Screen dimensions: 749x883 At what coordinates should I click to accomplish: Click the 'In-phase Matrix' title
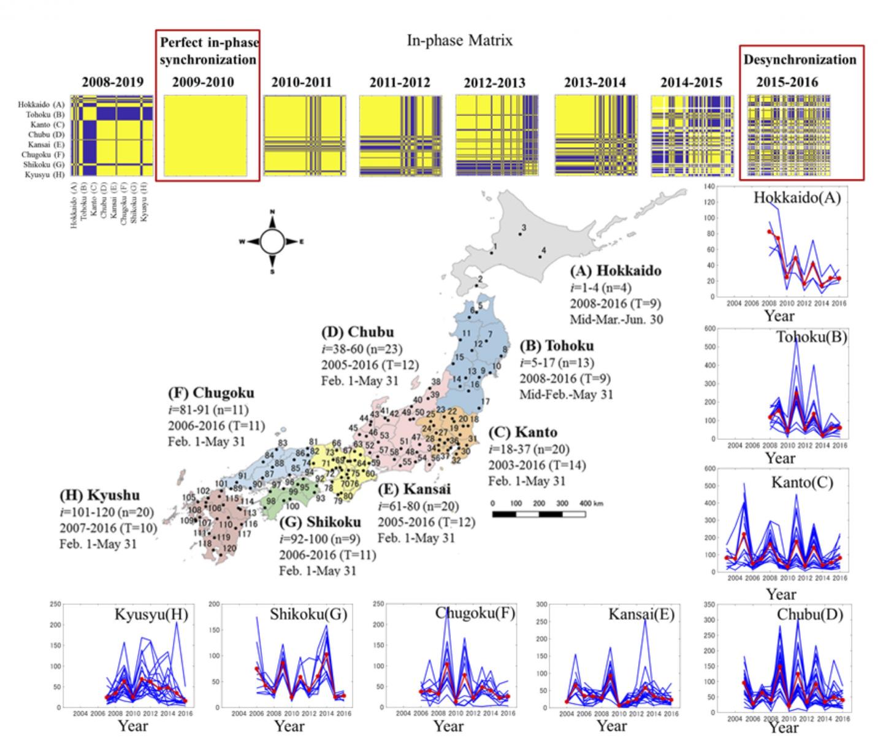(459, 40)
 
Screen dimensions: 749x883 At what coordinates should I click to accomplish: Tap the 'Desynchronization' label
(800, 60)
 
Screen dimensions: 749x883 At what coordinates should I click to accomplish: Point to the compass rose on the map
(272, 242)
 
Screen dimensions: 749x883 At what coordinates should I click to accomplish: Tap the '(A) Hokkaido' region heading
(615, 271)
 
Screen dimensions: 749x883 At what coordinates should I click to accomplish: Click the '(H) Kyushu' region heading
(99, 495)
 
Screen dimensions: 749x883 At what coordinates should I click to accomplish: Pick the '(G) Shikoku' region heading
(319, 522)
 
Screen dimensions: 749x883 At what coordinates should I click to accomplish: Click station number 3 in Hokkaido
(523, 228)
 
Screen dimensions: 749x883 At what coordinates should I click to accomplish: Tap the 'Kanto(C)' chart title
(802, 483)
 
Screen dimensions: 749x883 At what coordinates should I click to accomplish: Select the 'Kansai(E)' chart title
(637, 613)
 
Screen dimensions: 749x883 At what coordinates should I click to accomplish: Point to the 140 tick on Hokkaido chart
(709, 186)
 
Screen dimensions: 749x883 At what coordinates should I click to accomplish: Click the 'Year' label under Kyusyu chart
(133, 726)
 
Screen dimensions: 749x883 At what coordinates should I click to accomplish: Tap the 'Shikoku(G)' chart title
(308, 614)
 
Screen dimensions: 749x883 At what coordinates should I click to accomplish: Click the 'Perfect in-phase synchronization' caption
(208, 51)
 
